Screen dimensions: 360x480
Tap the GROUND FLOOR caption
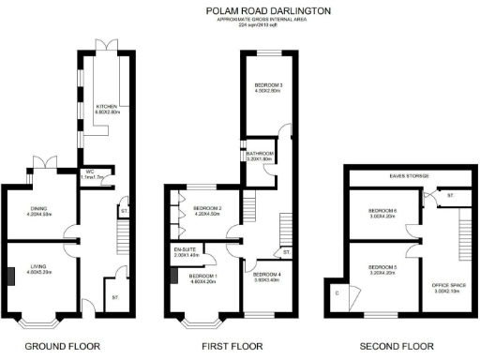tap(63, 347)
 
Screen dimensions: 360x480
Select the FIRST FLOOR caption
tap(230, 347)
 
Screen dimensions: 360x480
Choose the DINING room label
tap(37, 210)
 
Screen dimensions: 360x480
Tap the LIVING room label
tap(37, 268)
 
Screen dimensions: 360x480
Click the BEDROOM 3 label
tap(269, 88)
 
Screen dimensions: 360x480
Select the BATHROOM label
tap(260, 156)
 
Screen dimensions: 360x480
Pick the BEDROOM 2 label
tap(206, 210)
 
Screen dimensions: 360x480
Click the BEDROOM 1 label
tap(203, 277)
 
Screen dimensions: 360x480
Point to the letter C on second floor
tap(337, 292)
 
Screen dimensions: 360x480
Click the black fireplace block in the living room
tap(10, 276)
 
